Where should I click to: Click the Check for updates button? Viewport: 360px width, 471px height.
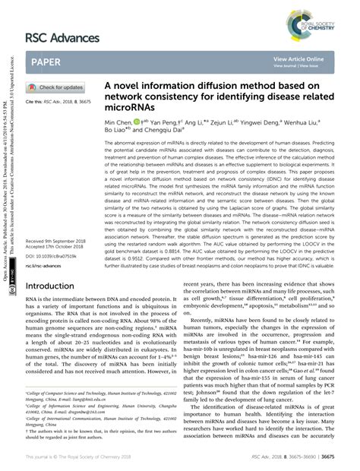pyautogui.click(x=56, y=87)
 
